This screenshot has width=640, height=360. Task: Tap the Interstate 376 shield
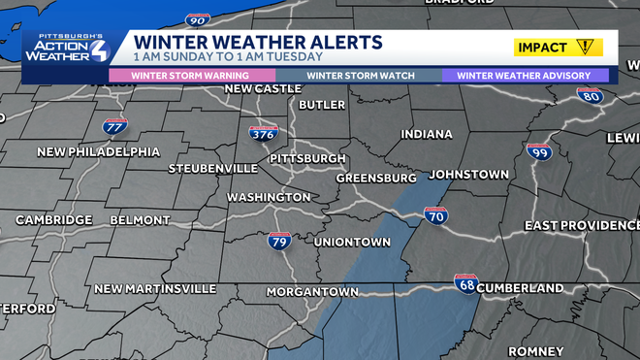coord(263,133)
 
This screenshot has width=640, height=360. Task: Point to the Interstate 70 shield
coord(435,217)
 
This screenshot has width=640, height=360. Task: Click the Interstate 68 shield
coord(466,283)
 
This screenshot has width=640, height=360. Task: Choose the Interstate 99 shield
coord(539,153)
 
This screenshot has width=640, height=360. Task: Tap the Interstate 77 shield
coord(114,126)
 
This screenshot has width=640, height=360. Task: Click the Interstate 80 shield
coord(590,96)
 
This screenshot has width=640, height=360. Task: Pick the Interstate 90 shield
coord(197,18)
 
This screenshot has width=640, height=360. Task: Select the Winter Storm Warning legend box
coord(191,75)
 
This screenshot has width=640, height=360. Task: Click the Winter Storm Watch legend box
coord(360,75)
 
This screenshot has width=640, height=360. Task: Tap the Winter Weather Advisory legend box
coord(525,75)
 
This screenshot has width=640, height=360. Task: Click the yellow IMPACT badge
coord(559,47)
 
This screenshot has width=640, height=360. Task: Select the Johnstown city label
coord(468,175)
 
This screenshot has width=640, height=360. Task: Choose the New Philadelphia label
coord(99,151)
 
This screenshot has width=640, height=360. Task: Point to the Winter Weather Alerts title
coord(257,43)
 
